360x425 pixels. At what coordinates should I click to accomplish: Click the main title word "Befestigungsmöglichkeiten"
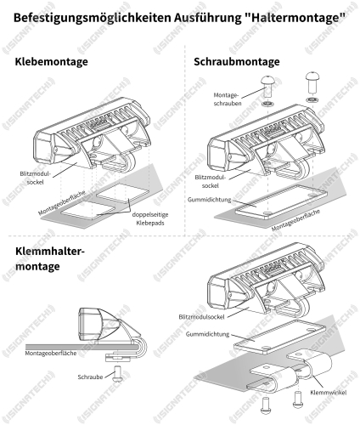(x=92, y=18)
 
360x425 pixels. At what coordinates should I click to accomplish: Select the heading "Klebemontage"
(x=51, y=61)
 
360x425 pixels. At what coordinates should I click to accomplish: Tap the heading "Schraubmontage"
(x=237, y=61)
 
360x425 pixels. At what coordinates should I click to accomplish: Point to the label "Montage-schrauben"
(x=228, y=99)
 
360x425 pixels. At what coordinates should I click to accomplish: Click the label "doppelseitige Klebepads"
(x=150, y=218)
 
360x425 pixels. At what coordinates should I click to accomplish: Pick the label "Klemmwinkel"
(x=329, y=393)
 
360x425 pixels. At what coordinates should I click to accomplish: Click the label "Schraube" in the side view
(x=90, y=377)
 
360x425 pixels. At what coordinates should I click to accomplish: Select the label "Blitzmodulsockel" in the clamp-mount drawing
(x=201, y=317)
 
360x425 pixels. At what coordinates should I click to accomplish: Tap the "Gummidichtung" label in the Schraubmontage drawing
(x=209, y=200)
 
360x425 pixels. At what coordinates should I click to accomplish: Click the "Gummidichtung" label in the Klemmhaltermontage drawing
(x=207, y=334)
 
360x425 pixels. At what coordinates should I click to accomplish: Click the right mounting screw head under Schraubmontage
(x=312, y=76)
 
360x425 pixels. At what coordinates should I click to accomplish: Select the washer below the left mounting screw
(x=267, y=104)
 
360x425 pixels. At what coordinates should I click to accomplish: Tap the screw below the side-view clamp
(x=118, y=373)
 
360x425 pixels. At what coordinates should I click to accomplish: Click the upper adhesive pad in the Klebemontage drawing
(x=122, y=193)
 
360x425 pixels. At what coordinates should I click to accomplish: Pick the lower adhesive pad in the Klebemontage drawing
(x=88, y=210)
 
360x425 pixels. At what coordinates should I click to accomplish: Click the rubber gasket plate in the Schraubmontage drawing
(x=281, y=202)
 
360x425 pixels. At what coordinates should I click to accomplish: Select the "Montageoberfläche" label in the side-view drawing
(x=51, y=354)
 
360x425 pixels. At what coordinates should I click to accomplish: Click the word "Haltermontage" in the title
(x=295, y=18)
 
